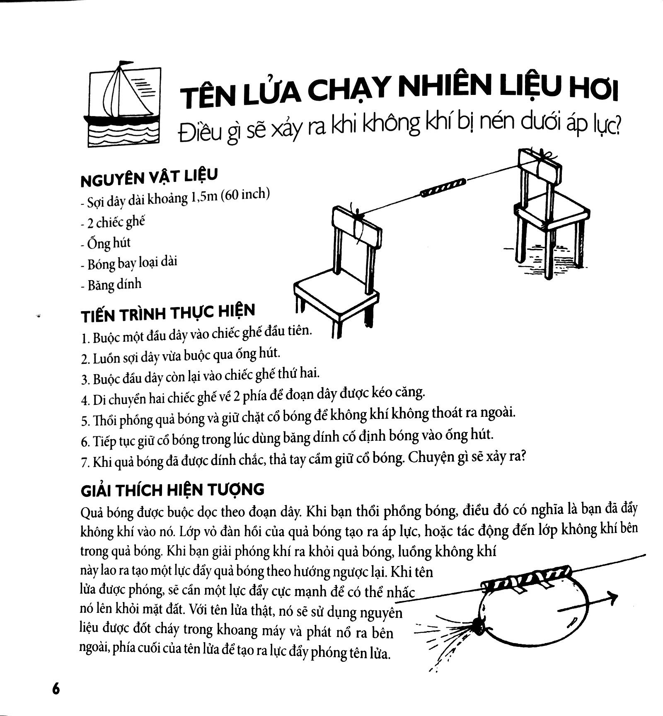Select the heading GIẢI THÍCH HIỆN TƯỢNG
coord(172,490)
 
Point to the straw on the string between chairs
coord(443,187)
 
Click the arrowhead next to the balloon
coord(612,599)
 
